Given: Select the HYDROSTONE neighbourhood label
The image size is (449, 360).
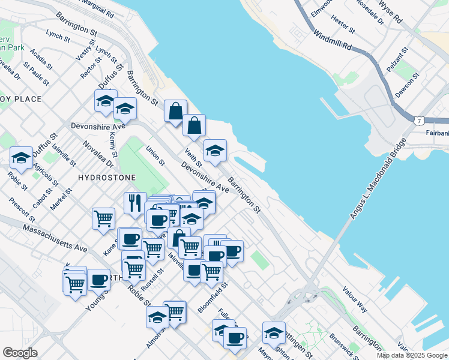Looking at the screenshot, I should pyautogui.click(x=106, y=178).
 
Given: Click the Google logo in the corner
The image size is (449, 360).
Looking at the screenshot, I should pyautogui.click(x=20, y=353).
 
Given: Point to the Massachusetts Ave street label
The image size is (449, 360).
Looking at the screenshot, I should pyautogui.click(x=55, y=238).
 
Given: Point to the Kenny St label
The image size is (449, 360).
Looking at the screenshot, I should pyautogui.click(x=113, y=146).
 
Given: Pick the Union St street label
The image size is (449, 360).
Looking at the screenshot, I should pyautogui.click(x=155, y=154).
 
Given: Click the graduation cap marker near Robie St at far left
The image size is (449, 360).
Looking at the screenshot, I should pyautogui.click(x=22, y=157).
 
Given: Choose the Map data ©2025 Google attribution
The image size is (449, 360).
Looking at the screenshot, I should pyautogui.click(x=412, y=355).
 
